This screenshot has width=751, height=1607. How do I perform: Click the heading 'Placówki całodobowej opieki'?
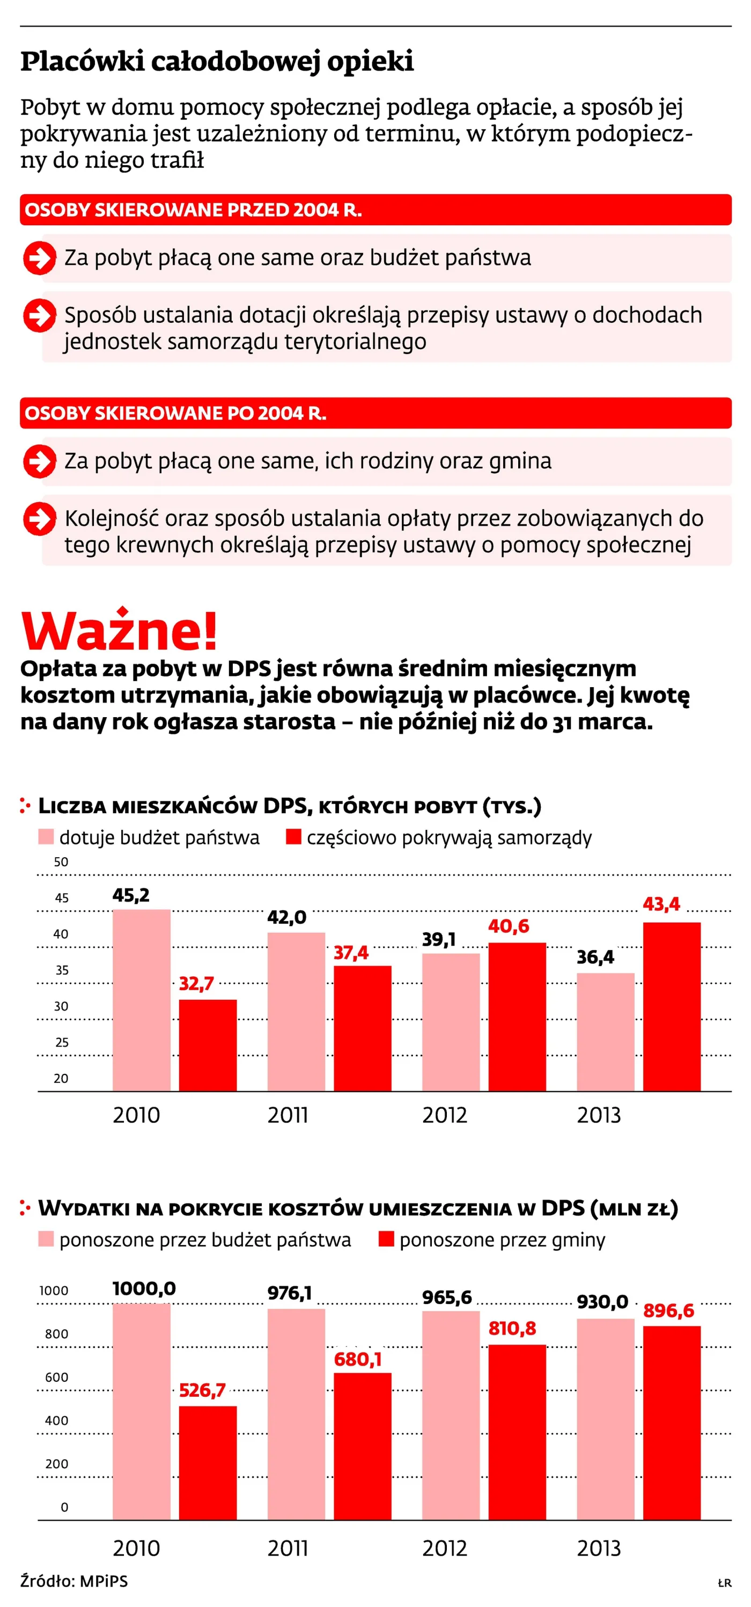coord(217,61)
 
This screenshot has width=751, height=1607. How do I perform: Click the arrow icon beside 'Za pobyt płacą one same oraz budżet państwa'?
coord(39,257)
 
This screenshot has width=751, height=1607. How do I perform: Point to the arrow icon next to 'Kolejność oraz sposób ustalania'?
coord(39,518)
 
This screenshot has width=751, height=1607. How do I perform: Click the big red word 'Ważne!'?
coord(119,631)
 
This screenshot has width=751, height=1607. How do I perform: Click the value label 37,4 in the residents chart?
coord(350,953)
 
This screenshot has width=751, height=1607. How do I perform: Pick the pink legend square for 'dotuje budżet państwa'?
coord(46,837)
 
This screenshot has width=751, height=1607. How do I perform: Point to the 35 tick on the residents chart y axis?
coord(62,970)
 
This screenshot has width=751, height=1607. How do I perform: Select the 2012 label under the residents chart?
coord(444,1115)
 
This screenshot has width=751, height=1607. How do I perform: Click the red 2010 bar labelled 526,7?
coord(208,1462)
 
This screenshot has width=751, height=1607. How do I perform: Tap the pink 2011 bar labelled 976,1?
coord(296,1413)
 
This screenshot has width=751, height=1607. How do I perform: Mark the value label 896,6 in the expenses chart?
coord(668,1310)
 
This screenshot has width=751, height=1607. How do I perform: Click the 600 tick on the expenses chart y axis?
coord(56,1377)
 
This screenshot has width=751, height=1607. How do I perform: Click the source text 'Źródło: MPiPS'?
coord(74,1581)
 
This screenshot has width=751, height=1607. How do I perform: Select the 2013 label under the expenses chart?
coord(599,1548)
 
